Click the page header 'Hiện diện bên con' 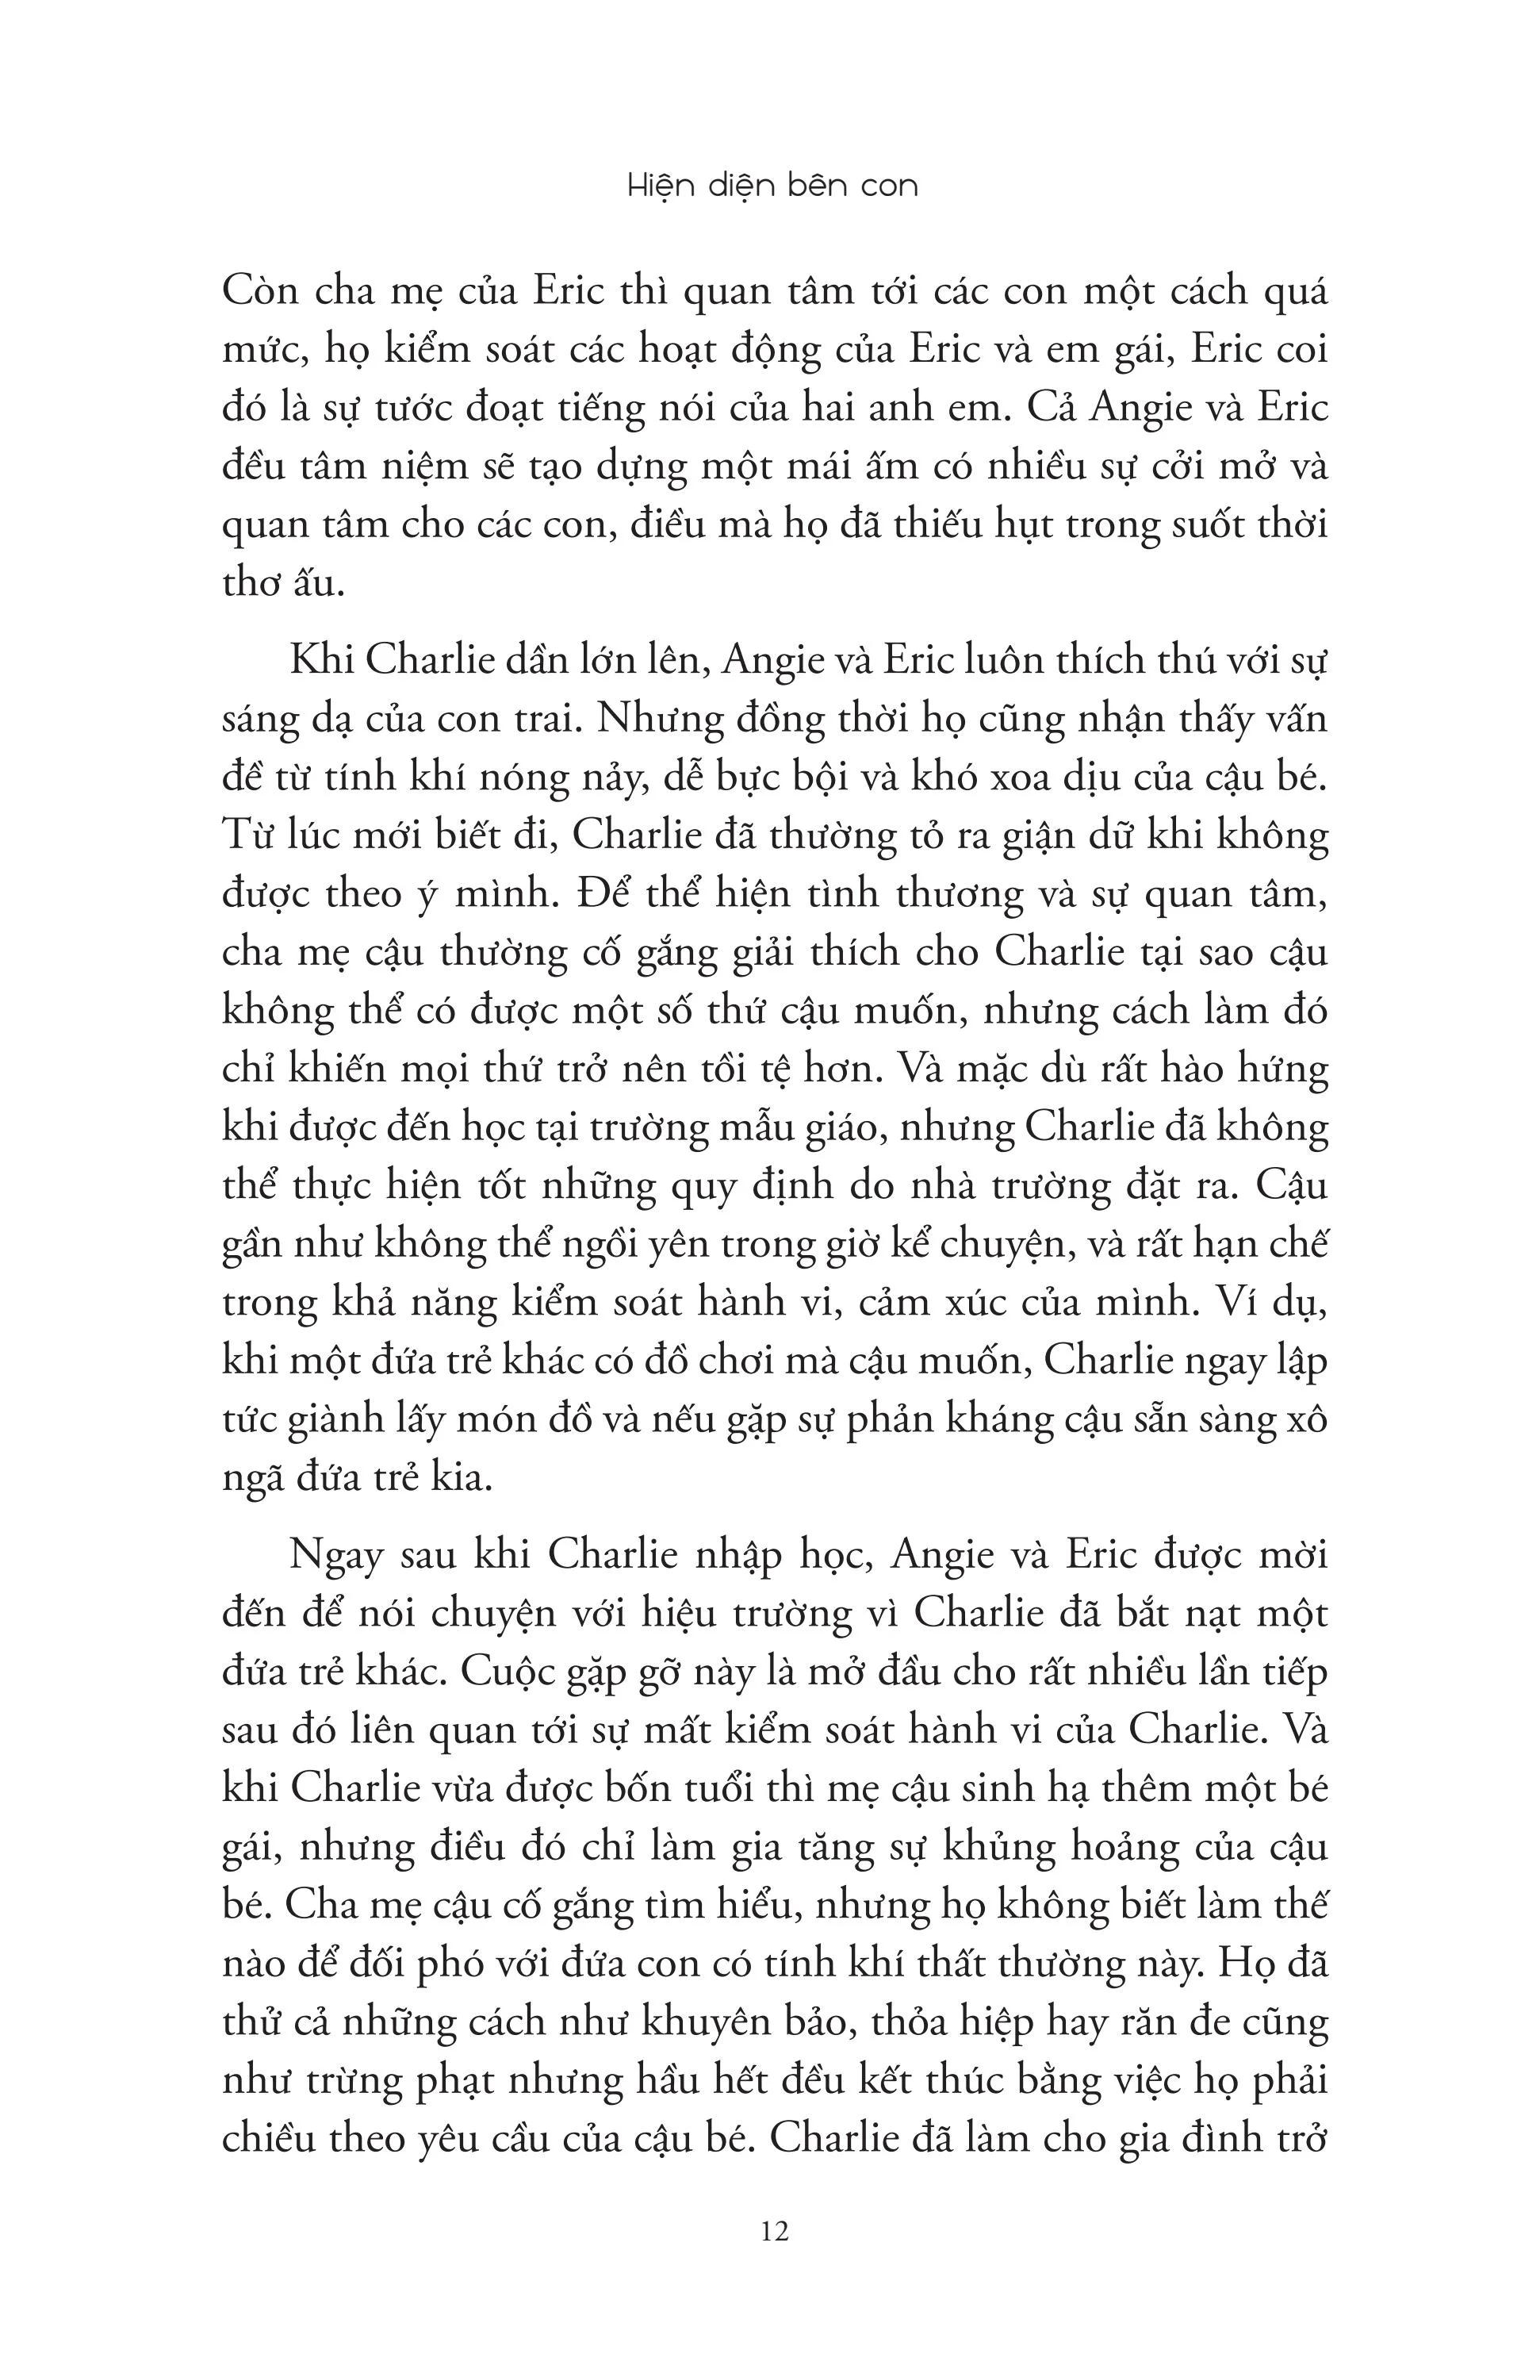coord(772,186)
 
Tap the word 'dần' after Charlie coord(532,660)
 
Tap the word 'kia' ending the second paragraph coord(467,1478)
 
